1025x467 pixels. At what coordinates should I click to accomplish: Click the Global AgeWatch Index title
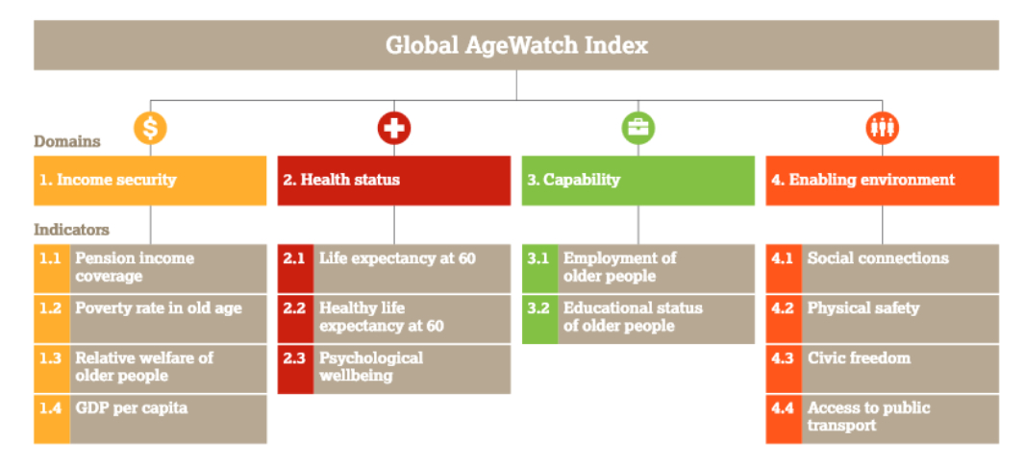[x=516, y=46]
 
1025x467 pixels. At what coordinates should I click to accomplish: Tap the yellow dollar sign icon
[x=150, y=128]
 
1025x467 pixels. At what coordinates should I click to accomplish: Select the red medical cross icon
[x=394, y=128]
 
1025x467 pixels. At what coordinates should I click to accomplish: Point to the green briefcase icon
[x=638, y=128]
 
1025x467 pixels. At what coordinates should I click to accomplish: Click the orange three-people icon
[x=883, y=128]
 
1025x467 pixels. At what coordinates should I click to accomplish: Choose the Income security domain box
[x=150, y=181]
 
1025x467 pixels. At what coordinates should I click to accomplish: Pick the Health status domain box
[x=394, y=181]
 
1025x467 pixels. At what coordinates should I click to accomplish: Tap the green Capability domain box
[x=638, y=181]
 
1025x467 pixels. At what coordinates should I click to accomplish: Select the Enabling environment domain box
[x=883, y=181]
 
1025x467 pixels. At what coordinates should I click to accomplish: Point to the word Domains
[x=67, y=141]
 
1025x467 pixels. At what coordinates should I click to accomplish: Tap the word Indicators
[x=72, y=230]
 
